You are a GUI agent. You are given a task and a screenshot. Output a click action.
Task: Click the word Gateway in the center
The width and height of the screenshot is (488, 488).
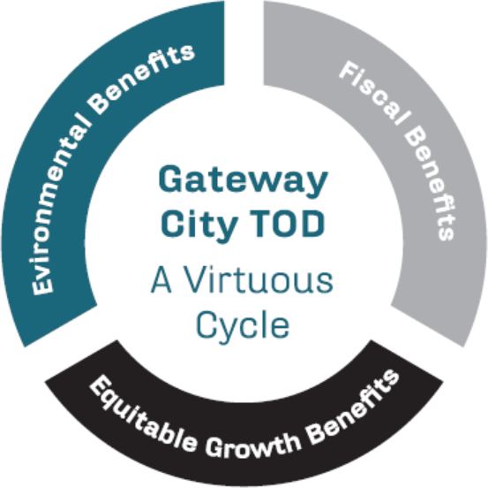click(243, 180)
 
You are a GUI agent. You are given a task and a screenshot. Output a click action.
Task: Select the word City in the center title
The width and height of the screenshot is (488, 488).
click(199, 225)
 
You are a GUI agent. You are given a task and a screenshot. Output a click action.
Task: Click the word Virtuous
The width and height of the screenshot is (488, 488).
click(259, 279)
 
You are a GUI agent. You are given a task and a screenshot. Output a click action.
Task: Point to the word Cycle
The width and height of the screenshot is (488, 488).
click(243, 326)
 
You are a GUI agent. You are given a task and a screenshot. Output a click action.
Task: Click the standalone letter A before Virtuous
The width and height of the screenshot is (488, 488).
click(161, 279)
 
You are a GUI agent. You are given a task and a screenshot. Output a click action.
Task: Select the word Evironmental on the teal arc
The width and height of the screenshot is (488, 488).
click(59, 209)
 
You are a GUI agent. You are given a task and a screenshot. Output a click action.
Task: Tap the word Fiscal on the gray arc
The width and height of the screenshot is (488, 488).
click(374, 93)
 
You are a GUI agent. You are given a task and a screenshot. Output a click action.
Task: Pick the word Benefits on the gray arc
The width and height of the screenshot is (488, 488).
click(431, 183)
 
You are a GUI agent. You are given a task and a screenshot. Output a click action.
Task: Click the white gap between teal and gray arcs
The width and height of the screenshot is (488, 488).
click(244, 42)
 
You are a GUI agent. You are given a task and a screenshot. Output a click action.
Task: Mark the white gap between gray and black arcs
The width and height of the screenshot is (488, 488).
click(417, 343)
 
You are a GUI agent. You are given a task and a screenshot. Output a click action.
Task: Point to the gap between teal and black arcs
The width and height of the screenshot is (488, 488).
click(71, 343)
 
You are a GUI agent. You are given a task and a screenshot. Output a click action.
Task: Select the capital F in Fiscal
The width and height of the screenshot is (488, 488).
click(348, 70)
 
